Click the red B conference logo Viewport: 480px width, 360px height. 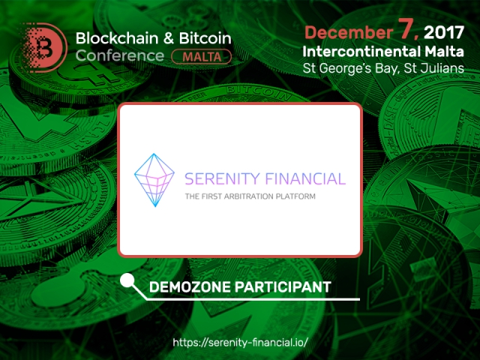[45, 47]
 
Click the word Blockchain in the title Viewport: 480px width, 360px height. [117, 38]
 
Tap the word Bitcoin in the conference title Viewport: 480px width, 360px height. [205, 38]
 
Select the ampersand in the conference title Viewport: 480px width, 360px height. [169, 38]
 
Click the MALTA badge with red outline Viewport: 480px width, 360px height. [202, 57]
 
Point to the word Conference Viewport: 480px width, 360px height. [120, 55]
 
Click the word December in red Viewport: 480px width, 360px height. [349, 32]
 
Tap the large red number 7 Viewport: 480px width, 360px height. [407, 29]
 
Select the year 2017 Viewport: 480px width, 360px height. [444, 32]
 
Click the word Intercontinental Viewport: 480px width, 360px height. [361, 52]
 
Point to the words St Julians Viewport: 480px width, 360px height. [433, 68]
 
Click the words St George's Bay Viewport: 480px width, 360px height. [351, 68]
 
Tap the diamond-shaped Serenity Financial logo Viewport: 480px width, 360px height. [154, 180]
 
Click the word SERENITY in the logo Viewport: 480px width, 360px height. [222, 179]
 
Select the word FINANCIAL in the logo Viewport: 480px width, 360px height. [305, 179]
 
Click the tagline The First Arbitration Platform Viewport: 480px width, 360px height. [250, 196]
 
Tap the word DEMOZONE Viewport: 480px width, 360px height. [190, 287]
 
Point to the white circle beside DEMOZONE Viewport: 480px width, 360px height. [127, 280]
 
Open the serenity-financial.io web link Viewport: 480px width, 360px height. [240, 342]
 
